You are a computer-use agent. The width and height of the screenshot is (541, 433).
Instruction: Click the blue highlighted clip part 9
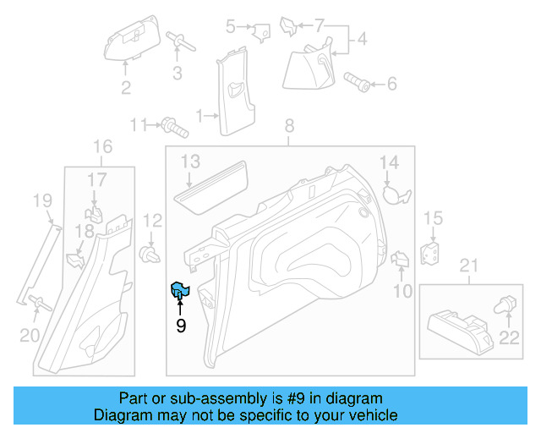tap(180, 291)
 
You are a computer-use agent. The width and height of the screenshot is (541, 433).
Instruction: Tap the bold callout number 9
tap(180, 324)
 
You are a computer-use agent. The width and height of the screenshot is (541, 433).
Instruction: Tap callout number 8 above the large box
tap(289, 126)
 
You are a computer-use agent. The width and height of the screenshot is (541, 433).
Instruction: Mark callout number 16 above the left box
tap(102, 148)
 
